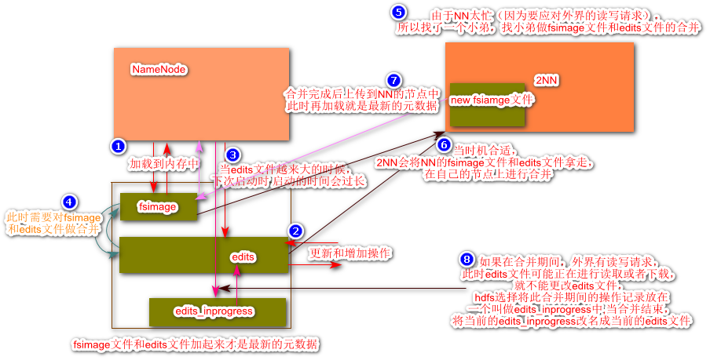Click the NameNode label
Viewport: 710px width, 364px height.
[159, 69]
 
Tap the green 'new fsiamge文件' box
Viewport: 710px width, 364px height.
[487, 101]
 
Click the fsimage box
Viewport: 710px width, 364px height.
[158, 207]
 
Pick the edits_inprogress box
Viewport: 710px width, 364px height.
[218, 311]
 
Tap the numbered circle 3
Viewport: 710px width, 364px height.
[232, 155]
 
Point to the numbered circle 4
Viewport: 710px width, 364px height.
[71, 202]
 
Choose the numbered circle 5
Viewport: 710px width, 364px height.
[399, 13]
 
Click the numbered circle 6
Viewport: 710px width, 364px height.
[444, 145]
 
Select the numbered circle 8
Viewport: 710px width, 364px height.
[467, 259]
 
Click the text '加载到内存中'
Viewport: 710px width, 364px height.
[165, 164]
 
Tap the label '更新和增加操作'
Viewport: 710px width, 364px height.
[350, 253]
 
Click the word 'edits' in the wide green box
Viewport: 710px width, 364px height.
[243, 257]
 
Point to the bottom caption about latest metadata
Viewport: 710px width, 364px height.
[196, 344]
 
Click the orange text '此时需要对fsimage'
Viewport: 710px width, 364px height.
[53, 217]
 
